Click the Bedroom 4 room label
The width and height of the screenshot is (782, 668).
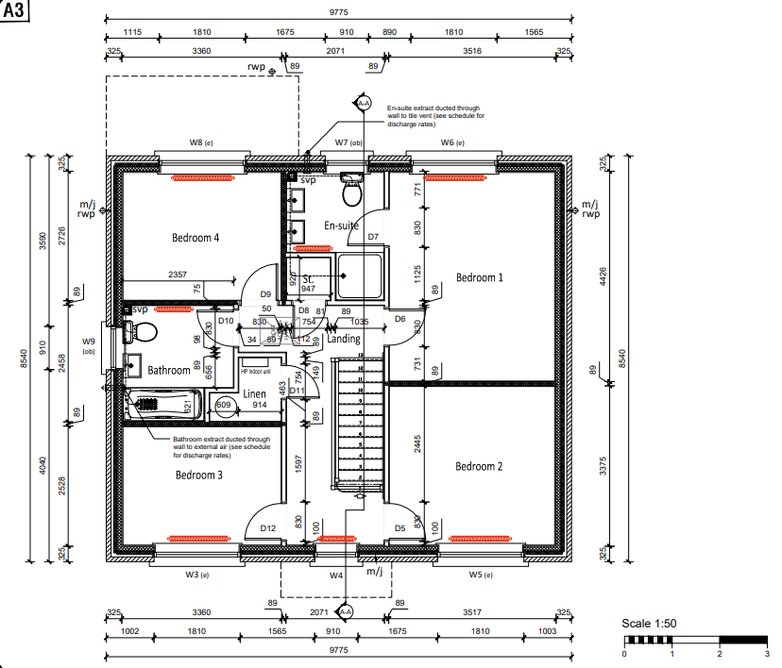click(x=195, y=238)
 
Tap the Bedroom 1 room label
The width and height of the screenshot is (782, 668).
click(x=480, y=277)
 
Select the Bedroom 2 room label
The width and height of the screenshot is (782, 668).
click(x=479, y=467)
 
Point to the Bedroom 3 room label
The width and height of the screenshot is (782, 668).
click(x=199, y=476)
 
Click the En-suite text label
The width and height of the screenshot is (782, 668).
click(x=341, y=225)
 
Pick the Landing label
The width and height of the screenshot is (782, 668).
click(x=344, y=339)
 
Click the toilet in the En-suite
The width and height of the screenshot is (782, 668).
click(x=352, y=191)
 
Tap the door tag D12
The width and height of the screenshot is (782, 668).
click(x=267, y=528)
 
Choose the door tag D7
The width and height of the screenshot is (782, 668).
click(x=373, y=237)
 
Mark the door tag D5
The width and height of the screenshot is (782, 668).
click(x=400, y=528)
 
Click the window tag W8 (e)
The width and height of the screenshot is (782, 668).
click(x=201, y=142)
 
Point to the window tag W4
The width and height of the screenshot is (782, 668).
click(x=335, y=575)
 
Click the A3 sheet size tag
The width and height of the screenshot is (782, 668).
click(x=16, y=12)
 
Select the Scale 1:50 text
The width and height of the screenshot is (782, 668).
click(x=649, y=625)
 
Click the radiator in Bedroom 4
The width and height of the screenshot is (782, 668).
click(x=195, y=176)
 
